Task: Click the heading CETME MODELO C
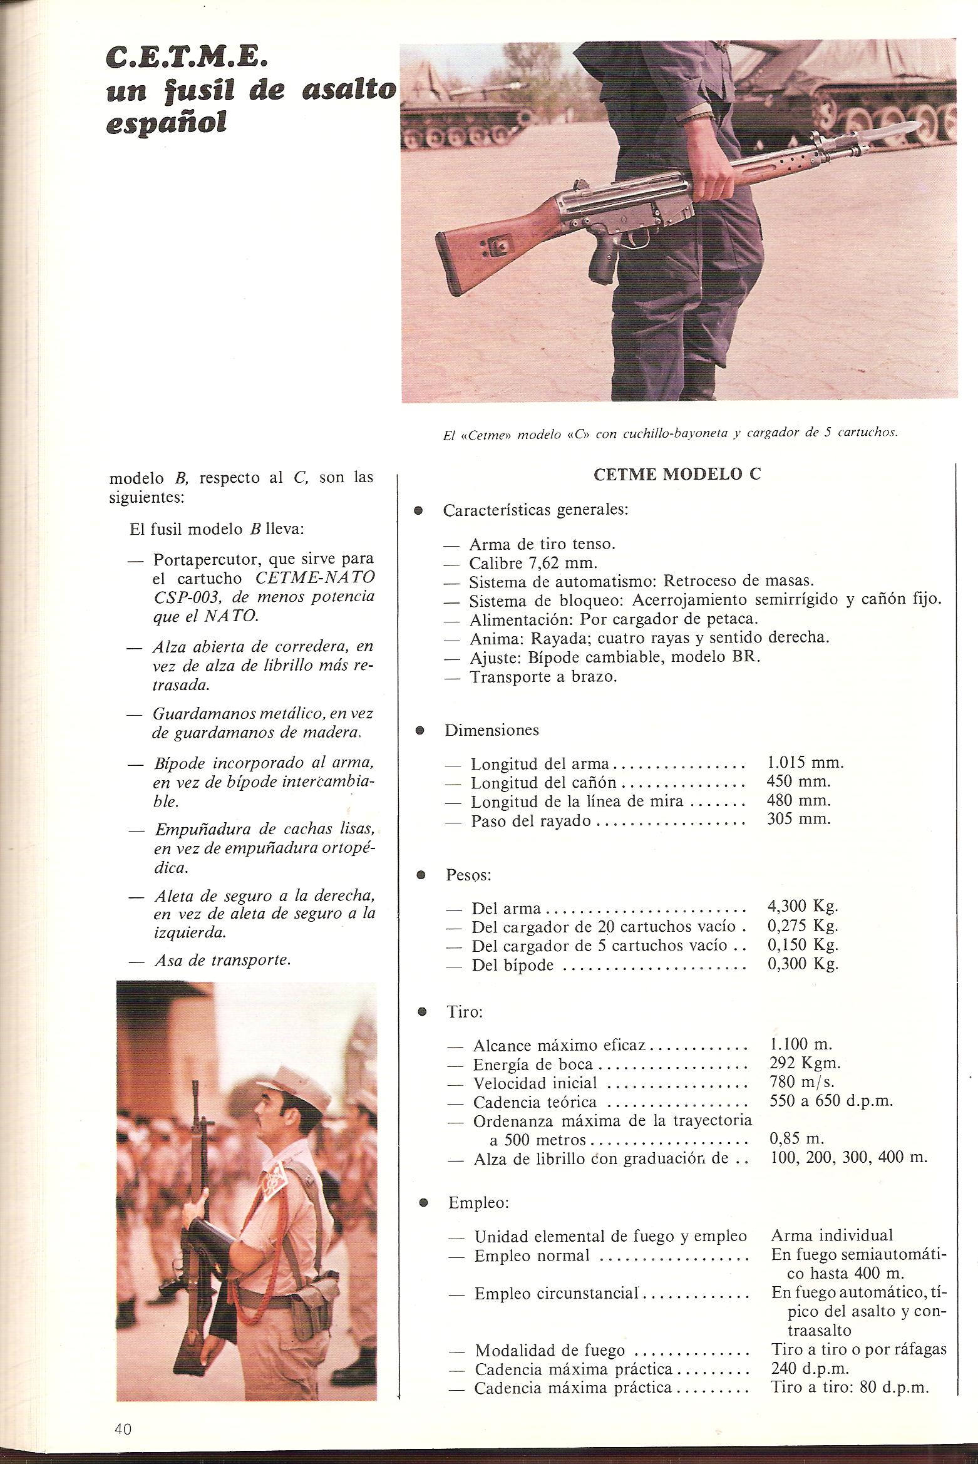pyautogui.click(x=677, y=474)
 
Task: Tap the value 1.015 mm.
pyautogui.click(x=805, y=763)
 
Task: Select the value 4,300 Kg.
pyautogui.click(x=802, y=906)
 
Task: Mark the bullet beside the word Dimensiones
pyautogui.click(x=420, y=730)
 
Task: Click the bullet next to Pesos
pyautogui.click(x=421, y=874)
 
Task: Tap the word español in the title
pyautogui.click(x=166, y=123)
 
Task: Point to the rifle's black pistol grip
pyautogui.click(x=603, y=263)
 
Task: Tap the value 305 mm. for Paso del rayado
pyautogui.click(x=798, y=820)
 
